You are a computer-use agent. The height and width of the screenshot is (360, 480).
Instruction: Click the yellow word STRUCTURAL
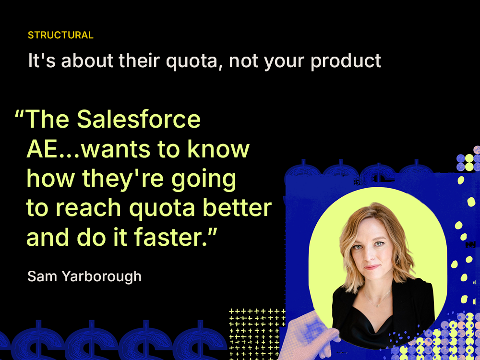60,35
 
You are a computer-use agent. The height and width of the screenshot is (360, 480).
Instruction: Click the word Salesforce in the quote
139,119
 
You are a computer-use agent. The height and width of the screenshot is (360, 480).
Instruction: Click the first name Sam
39,276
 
